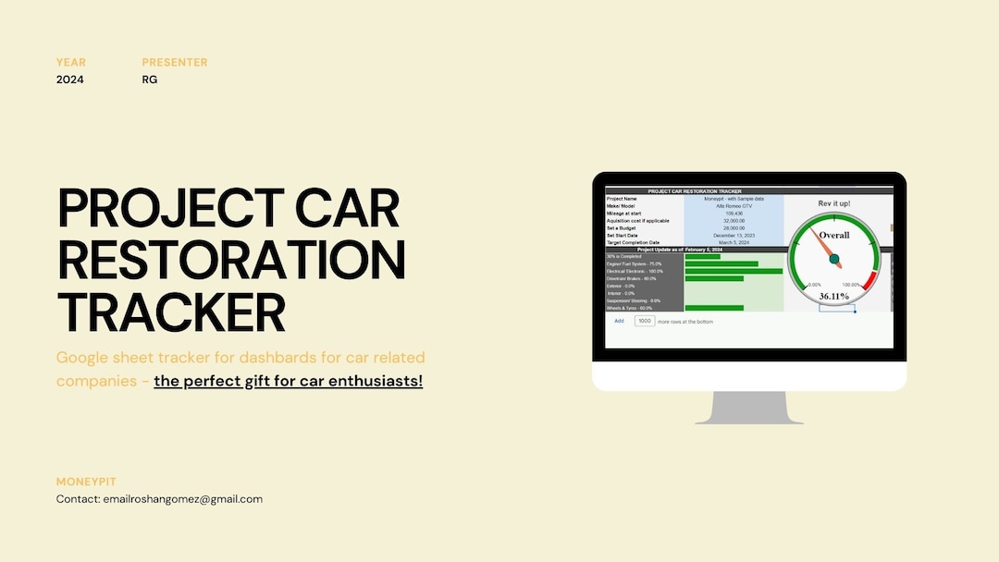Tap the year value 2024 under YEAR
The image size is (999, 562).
[70, 79]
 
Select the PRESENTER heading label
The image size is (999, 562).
[175, 62]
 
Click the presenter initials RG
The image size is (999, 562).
[150, 79]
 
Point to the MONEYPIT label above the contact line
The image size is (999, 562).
[87, 482]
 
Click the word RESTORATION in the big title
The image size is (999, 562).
[231, 260]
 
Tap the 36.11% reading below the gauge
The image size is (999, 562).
[833, 296]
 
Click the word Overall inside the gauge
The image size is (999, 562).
[833, 235]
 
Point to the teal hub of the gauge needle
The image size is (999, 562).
[834, 259]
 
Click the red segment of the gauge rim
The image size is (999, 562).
[868, 280]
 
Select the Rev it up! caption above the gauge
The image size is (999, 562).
[833, 203]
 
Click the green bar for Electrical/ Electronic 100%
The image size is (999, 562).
[734, 271]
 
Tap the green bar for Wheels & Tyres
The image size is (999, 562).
[713, 308]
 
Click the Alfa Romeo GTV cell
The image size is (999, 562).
[734, 206]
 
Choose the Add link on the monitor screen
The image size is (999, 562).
[619, 321]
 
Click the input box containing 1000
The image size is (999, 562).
[645, 321]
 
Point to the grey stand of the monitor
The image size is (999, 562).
[749, 408]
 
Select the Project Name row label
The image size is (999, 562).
[623, 199]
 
